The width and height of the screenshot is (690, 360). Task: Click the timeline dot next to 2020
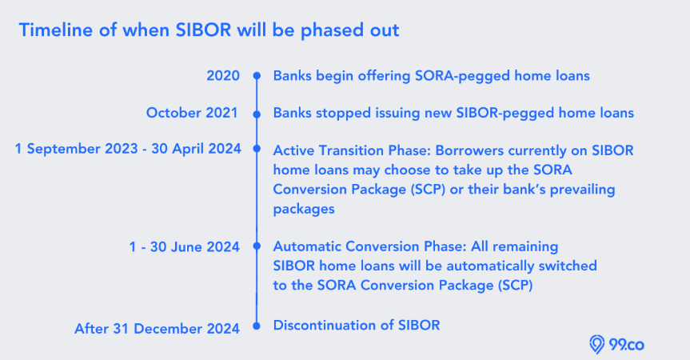pos(257,76)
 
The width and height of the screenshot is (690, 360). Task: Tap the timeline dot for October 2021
pos(257,114)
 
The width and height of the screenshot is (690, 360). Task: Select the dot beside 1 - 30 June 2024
pos(257,246)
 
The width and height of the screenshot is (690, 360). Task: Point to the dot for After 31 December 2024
pos(257,326)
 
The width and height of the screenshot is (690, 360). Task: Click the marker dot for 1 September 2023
pos(257,149)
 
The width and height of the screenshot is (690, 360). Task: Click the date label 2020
pos(223,76)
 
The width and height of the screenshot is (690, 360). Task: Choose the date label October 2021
pos(192,113)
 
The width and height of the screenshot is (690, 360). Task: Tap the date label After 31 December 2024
pos(157,328)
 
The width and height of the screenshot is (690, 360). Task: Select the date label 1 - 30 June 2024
pos(185,246)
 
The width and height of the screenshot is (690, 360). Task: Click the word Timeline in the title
pos(56,30)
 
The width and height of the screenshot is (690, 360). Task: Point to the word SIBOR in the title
pos(203,30)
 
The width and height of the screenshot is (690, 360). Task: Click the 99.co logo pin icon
pos(596,344)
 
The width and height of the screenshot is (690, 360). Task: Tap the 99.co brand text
pos(627,344)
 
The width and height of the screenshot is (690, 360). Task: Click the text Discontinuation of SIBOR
pos(357,326)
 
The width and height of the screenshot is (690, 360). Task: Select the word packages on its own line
pos(304,209)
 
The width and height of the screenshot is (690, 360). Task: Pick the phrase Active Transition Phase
pos(350,150)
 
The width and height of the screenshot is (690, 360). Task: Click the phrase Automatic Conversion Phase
pos(368,246)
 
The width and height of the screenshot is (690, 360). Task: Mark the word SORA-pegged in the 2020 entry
pos(463,76)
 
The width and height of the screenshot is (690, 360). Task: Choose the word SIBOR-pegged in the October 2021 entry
pos(505,114)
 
